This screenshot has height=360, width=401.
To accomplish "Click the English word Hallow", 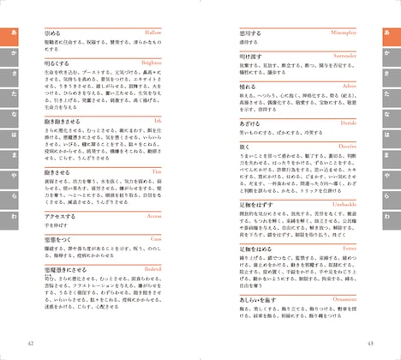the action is [x=177, y=32].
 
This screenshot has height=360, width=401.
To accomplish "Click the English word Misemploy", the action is [x=343, y=32].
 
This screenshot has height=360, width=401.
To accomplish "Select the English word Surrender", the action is [x=343, y=56].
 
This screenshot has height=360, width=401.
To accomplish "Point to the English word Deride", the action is [x=348, y=124].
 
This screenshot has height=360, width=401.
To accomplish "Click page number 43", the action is [x=369, y=345].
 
